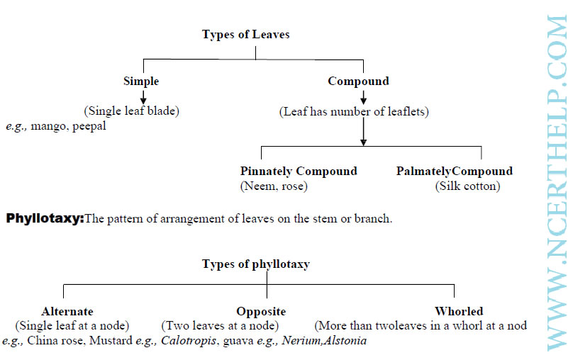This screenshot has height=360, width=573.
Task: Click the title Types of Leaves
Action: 245,34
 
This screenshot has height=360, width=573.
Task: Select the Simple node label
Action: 141,81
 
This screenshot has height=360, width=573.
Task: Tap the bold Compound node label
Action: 358,81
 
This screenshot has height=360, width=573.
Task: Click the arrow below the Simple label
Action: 143,97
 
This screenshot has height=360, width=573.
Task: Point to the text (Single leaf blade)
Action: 132,111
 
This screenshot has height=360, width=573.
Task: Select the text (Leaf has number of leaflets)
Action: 354,111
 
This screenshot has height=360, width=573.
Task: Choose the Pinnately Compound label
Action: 299,171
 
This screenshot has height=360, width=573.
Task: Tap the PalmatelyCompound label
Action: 455,171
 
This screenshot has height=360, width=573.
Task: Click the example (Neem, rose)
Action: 274,186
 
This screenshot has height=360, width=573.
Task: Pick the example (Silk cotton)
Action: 467,186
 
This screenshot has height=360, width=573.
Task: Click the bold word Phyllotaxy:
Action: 45,219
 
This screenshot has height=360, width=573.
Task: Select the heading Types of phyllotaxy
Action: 256,264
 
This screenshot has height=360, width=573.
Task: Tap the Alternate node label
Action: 67,311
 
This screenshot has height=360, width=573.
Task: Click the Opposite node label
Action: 261,311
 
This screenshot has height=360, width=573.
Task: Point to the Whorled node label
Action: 459,311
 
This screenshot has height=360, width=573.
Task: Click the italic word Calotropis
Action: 189,341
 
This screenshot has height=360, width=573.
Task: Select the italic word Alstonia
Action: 345,341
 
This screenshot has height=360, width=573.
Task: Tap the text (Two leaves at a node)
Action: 220,326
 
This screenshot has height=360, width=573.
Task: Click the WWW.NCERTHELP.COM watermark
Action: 557,183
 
